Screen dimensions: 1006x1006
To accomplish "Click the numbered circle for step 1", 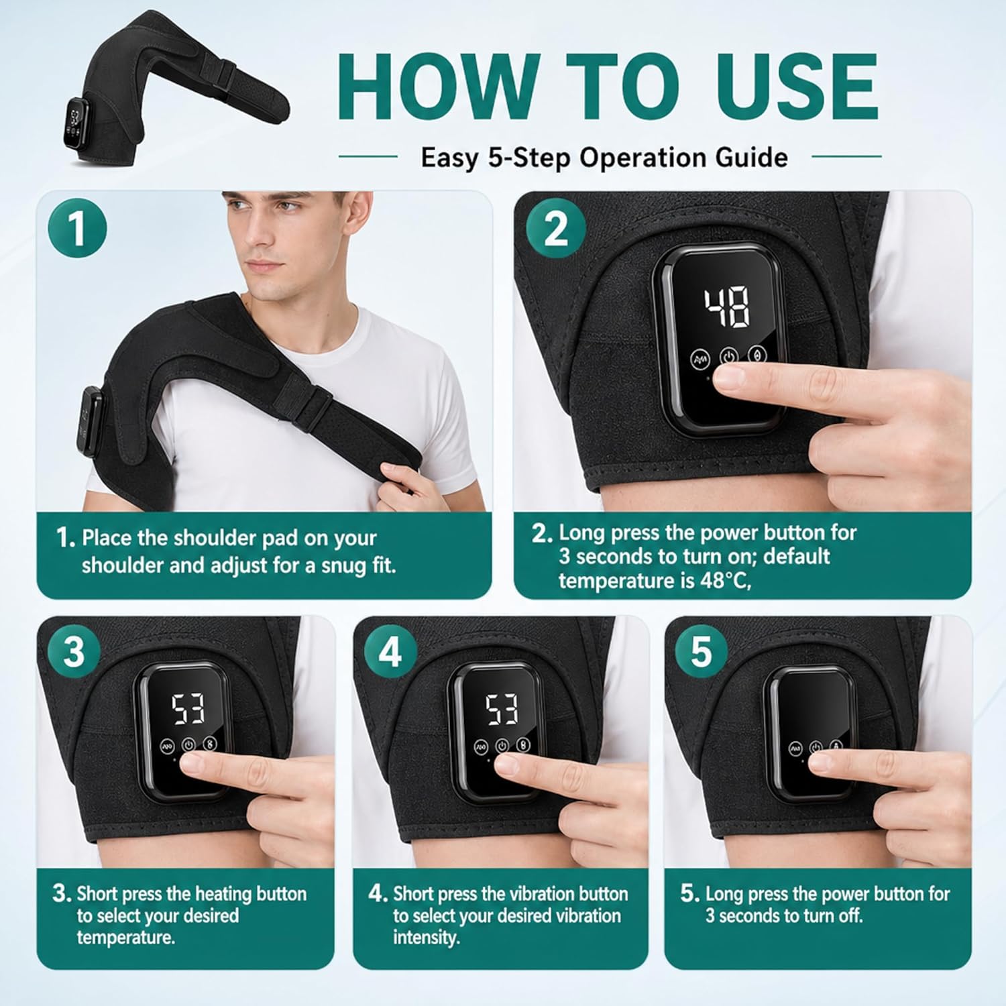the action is (x=77, y=229).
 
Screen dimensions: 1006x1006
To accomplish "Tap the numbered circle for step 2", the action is (x=555, y=229).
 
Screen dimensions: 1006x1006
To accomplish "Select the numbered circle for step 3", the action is (x=74, y=651).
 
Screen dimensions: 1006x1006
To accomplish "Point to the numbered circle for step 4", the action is (x=390, y=651).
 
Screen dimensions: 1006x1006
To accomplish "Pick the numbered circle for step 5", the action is (x=702, y=651).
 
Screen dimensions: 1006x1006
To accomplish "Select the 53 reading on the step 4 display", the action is (x=502, y=709).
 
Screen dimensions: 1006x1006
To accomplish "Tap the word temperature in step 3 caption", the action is (x=125, y=938).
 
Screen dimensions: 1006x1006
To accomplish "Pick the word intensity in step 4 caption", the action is (x=427, y=938).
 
